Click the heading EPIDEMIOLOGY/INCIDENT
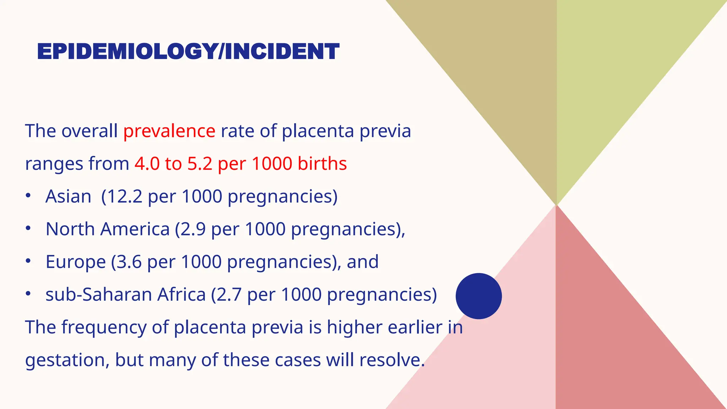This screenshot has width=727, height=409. point(188,51)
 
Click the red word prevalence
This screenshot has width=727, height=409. point(169,131)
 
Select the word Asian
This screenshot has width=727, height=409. point(68,196)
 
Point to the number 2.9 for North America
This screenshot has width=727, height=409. point(193,229)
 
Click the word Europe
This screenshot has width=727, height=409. point(76,262)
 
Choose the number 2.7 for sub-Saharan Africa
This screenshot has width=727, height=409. point(229,295)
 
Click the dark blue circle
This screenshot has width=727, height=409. point(479,296)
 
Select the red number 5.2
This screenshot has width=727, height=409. point(199,164)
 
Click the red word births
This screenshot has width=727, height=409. point(322,164)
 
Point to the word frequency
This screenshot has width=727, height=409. point(104,327)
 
